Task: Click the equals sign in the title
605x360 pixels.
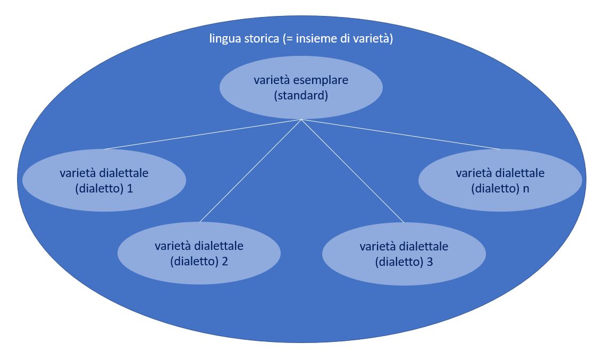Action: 289,39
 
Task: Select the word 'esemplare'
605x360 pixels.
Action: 321,81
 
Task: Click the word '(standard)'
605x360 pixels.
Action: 301,96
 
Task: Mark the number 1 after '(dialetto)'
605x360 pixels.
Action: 130,189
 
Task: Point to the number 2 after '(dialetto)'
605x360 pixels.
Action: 224,262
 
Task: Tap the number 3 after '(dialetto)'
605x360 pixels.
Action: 430,262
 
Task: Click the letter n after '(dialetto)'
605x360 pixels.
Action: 525,189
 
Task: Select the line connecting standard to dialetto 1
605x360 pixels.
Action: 203,135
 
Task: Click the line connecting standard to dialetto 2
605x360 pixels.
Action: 250,171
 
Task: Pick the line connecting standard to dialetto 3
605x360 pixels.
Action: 352,171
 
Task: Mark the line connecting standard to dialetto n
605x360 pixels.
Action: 401,135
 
